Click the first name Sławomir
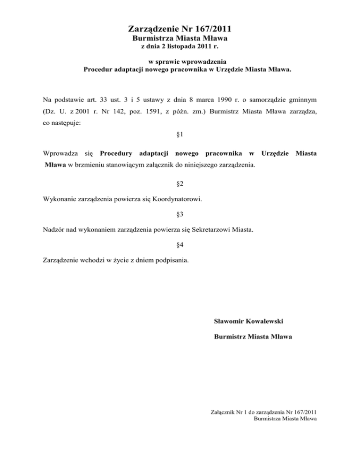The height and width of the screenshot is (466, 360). tap(229, 321)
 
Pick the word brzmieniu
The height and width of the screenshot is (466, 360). tap(83, 165)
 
